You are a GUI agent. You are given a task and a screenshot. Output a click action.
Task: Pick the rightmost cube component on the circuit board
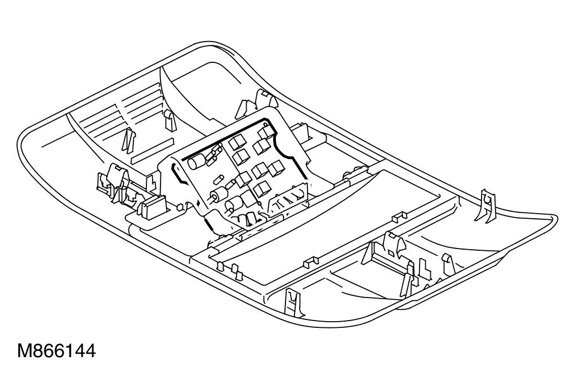(x=276, y=168)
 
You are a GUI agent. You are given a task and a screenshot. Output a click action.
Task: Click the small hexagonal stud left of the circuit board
(x=179, y=206)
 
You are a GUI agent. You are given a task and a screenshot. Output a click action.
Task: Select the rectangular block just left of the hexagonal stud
(x=151, y=207)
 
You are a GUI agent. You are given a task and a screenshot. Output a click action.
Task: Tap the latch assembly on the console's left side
(x=113, y=180)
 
